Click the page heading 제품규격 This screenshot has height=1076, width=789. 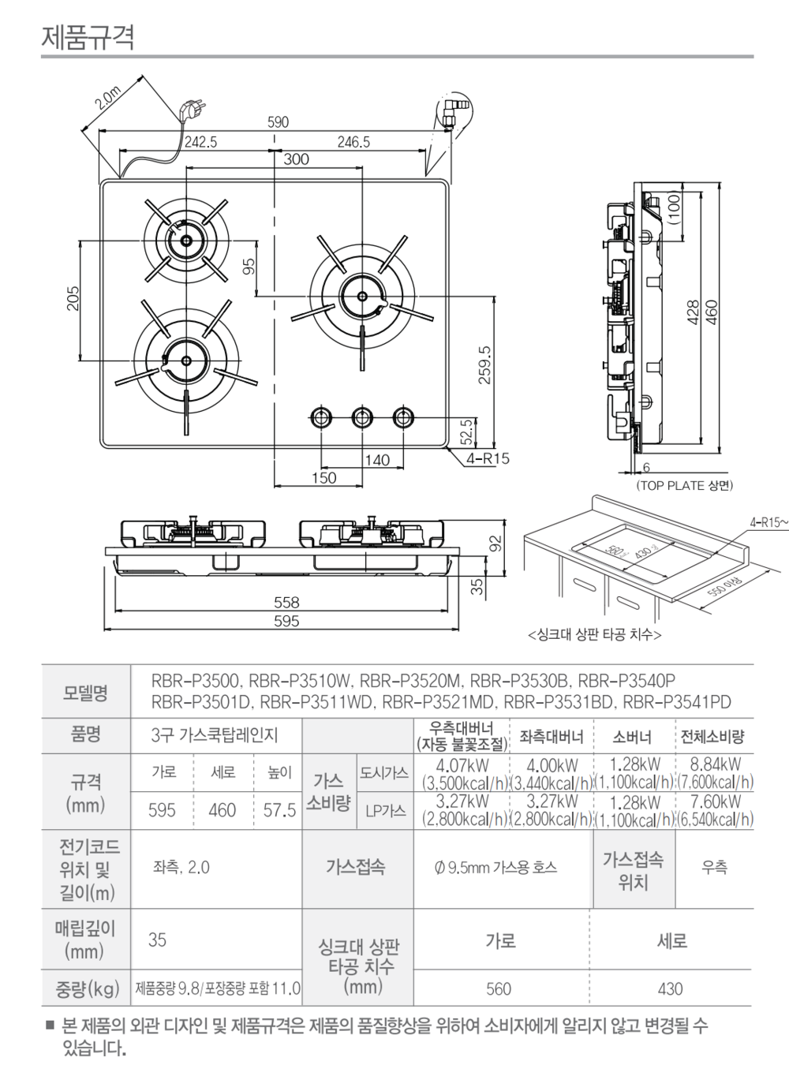88,36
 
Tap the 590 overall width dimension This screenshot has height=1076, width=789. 279,122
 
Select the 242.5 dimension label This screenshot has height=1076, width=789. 200,143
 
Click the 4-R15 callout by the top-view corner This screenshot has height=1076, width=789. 488,458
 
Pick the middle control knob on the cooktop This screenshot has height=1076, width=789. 362,417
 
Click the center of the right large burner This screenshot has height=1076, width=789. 361,296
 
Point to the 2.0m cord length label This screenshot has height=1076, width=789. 103,99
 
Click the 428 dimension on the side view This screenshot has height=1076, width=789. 692,312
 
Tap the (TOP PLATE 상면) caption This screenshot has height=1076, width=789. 684,485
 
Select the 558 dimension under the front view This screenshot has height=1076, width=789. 286,603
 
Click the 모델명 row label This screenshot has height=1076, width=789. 85,693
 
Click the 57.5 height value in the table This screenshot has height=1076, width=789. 279,810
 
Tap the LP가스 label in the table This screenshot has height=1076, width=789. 385,810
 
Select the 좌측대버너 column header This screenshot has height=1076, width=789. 551,737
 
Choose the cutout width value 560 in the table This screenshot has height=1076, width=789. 499,988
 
